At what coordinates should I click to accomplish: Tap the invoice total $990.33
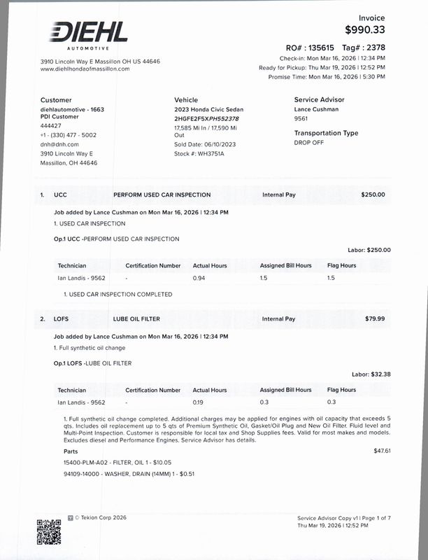coord(364,29)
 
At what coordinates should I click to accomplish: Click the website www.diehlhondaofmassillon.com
coord(85,69)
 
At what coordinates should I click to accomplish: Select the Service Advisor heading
coord(321,99)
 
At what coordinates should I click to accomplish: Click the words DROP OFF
coord(309,142)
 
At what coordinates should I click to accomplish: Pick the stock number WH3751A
coord(211,153)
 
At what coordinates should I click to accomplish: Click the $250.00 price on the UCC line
coord(373,195)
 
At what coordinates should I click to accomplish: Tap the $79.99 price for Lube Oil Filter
coord(375,318)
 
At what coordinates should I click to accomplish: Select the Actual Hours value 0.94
coord(199,278)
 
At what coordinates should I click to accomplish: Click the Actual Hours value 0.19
coord(199,402)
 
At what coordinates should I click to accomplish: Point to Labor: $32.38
coord(371,374)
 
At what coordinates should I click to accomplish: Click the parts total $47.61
coord(382,450)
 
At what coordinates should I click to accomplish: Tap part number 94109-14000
coord(83,474)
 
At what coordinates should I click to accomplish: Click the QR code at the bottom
coord(48,531)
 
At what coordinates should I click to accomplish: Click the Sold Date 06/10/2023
coord(205,143)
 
